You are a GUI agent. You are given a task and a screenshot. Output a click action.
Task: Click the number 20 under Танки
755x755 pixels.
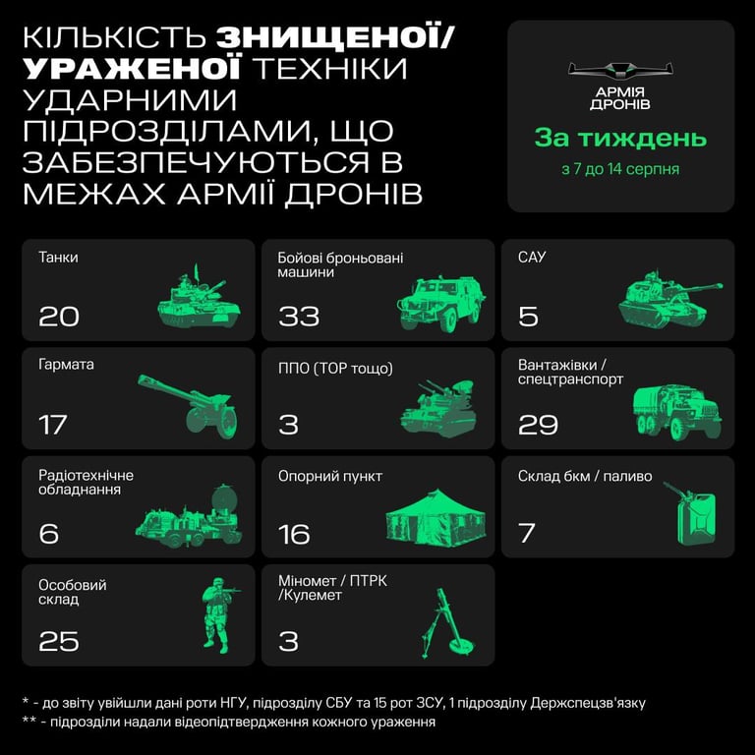coord(59,317)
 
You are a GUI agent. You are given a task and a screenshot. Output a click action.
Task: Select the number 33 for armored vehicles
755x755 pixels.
coord(299,317)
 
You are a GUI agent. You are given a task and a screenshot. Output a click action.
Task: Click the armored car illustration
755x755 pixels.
coord(441,304)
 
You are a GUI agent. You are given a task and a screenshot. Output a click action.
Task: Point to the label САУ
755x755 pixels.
coord(532,258)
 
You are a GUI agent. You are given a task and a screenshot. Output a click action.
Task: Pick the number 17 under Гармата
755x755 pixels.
coord(52,425)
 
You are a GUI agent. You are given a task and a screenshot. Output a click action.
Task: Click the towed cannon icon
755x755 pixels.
coord(188,405)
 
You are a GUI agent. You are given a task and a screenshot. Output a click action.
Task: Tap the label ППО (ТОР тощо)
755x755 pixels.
coord(335,369)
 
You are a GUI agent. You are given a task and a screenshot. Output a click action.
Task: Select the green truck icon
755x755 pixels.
coord(677,412)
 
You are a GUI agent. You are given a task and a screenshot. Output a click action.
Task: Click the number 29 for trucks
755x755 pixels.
coord(538,425)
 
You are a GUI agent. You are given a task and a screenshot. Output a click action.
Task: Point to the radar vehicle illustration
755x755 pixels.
coord(189,517)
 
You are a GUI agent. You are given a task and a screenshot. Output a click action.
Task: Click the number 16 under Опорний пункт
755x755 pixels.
coord(294,534)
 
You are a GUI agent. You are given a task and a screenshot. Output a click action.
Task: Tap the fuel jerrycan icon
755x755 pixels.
coord(691,513)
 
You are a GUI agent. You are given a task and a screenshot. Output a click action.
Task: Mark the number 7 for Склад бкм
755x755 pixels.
coord(526,533)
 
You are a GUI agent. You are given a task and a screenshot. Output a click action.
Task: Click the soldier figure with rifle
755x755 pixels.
coord(219,614)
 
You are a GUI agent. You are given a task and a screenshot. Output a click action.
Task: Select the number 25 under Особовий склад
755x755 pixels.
coord(59,641)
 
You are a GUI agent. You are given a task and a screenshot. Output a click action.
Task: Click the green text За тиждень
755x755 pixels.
coord(620,138)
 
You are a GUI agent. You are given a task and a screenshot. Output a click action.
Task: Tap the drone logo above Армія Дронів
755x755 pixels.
coord(620,71)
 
